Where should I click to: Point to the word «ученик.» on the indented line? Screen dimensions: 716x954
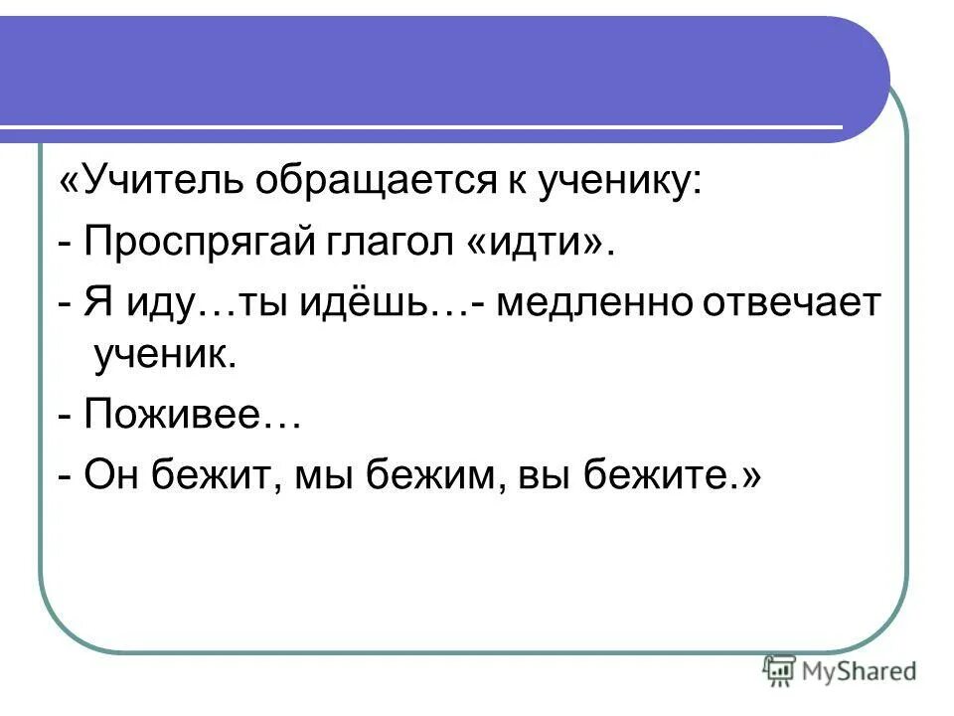tap(164, 355)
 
